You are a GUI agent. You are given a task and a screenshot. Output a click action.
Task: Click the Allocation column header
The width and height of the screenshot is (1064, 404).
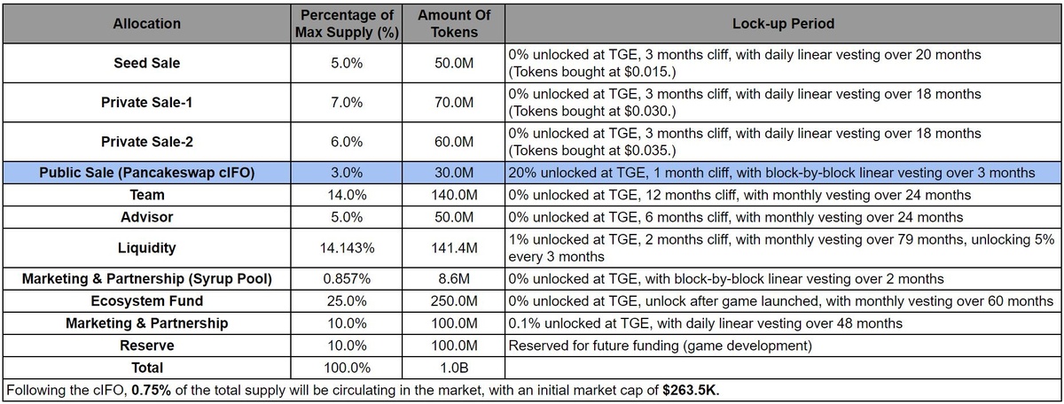coord(147,24)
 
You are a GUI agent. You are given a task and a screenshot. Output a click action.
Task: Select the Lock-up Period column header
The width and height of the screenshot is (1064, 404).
coord(783,24)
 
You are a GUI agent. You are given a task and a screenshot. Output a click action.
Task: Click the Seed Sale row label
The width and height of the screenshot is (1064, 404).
coord(147,64)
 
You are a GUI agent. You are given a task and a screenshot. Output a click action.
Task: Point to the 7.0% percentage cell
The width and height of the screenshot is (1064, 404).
coord(347,102)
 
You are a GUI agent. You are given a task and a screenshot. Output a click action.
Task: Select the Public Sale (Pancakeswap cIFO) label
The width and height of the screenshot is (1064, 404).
coord(147,173)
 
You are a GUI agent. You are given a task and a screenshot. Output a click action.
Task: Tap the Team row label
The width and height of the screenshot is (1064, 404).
coord(147,195)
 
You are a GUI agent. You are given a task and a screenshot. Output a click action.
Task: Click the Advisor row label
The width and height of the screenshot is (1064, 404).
coord(147,216)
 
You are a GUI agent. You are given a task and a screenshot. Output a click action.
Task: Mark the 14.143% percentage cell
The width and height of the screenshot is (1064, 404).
coord(347,248)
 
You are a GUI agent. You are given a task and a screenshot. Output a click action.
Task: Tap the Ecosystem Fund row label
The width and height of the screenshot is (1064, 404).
coord(147,301)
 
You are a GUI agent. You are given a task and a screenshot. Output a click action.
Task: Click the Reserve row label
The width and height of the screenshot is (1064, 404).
coord(147,345)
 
